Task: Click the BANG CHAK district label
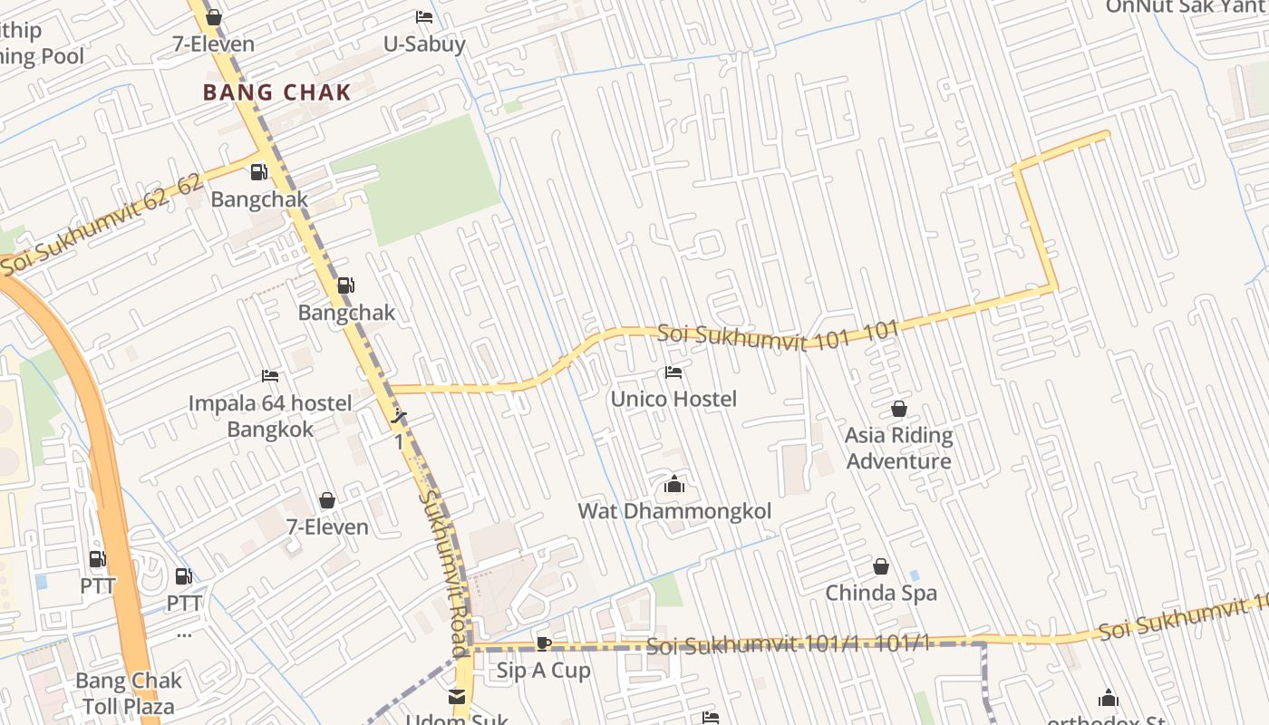click(276, 92)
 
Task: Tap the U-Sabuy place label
click(424, 43)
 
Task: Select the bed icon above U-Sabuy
click(424, 16)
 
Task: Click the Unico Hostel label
click(673, 399)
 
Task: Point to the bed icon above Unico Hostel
click(673, 372)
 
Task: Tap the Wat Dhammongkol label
click(674, 511)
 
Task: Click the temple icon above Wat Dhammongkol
click(673, 485)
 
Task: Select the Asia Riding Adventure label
click(898, 448)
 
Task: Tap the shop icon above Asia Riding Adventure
click(898, 410)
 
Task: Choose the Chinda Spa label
click(880, 594)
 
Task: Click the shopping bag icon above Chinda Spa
click(880, 567)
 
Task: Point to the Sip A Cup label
click(543, 671)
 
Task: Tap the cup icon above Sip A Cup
click(543, 644)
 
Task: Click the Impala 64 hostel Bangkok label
click(270, 416)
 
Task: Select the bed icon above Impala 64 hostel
click(270, 376)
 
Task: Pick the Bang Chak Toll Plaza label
click(128, 693)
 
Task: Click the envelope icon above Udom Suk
click(456, 697)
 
